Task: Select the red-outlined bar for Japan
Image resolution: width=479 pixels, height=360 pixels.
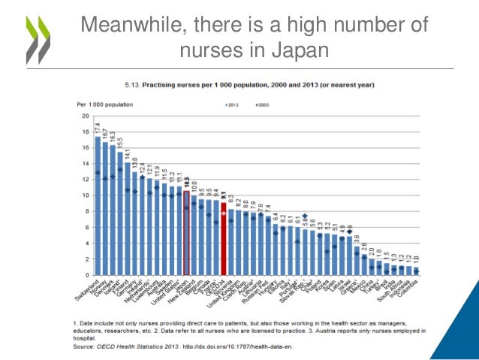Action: click(186, 233)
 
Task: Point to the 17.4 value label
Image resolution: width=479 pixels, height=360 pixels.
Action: click(98, 128)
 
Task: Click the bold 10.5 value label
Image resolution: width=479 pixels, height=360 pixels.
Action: click(186, 181)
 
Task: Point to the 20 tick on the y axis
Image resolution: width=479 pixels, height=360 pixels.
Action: click(85, 116)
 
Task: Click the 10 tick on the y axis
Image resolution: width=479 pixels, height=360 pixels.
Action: click(85, 195)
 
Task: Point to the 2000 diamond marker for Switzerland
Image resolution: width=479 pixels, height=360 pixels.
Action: click(98, 173)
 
